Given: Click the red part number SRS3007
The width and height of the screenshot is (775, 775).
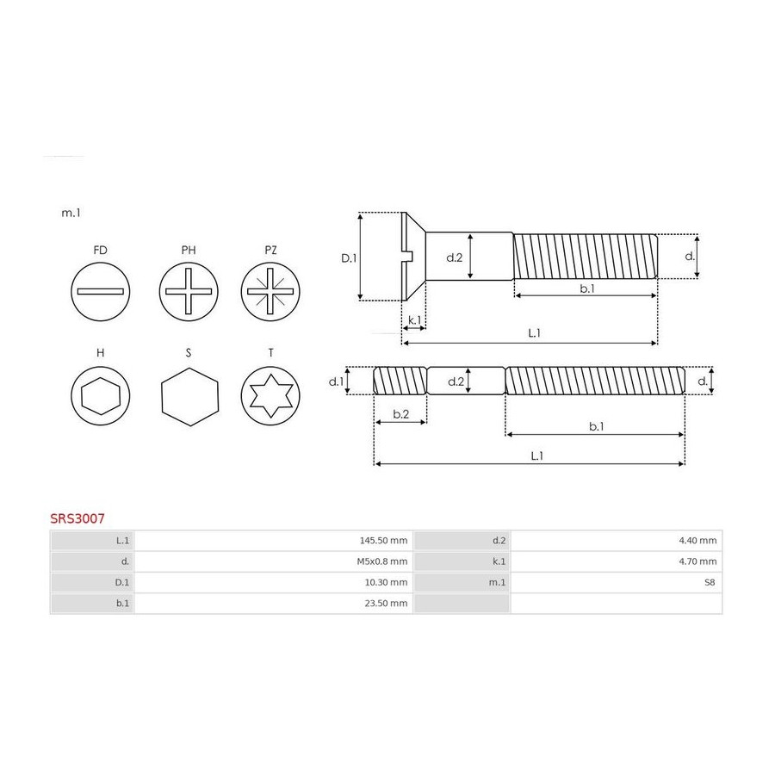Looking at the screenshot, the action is click(77, 518).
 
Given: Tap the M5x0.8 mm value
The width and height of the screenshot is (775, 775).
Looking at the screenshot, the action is click(382, 561).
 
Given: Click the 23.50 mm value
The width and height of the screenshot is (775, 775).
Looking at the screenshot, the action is click(386, 603).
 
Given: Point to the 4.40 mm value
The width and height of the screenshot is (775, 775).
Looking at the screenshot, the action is click(697, 541).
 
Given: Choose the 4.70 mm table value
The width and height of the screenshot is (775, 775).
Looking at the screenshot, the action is click(697, 561).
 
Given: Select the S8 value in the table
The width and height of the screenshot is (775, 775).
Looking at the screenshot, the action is click(710, 582).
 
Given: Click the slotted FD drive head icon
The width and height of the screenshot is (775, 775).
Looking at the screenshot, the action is click(101, 292).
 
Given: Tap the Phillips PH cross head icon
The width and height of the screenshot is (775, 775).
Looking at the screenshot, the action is click(189, 292).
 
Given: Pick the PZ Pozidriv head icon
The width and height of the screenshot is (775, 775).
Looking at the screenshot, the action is click(270, 292).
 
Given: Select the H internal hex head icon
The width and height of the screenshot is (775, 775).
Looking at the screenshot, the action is click(101, 396).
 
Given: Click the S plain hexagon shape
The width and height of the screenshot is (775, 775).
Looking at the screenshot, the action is click(189, 396).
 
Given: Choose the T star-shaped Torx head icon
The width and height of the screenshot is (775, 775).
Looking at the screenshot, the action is click(270, 396).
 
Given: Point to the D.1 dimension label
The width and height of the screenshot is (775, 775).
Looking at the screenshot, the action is click(349, 258).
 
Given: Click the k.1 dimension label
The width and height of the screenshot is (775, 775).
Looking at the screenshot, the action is click(415, 319).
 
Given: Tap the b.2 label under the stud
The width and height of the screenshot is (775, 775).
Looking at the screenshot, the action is click(400, 413).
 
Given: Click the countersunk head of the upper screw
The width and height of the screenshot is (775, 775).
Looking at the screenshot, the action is click(413, 257).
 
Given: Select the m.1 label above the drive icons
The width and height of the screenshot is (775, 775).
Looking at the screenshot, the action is click(71, 213).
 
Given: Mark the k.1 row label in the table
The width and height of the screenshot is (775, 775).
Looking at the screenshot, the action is click(499, 561).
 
